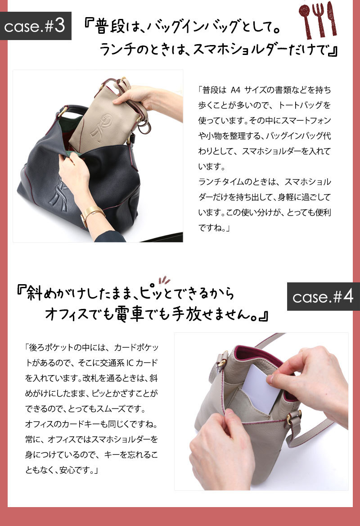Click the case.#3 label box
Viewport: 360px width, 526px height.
(x=36, y=26)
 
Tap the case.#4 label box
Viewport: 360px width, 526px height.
(x=324, y=296)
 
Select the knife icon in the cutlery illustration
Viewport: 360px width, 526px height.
(x=332, y=18)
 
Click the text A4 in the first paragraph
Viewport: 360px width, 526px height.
(x=236, y=90)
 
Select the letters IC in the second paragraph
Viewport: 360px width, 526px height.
(x=130, y=363)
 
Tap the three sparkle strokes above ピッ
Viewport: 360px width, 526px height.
(x=164, y=280)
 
